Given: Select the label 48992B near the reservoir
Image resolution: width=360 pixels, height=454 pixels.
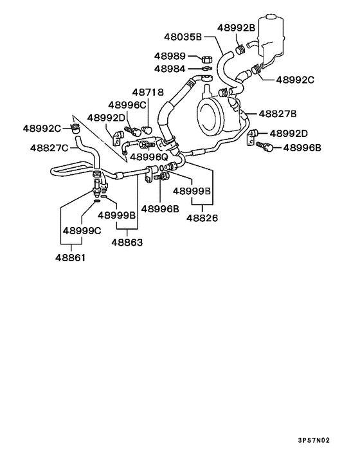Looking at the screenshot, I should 236,28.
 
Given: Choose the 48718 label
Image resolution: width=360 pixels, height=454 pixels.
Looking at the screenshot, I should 148,93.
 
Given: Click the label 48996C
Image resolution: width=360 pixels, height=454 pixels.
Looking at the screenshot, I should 127,104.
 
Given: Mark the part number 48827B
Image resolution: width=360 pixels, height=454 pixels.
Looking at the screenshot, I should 277,114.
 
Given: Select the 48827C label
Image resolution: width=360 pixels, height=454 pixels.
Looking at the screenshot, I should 49,148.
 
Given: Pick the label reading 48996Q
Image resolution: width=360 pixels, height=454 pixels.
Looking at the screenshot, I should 149,156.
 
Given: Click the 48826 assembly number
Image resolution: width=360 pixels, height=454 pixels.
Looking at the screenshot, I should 203,218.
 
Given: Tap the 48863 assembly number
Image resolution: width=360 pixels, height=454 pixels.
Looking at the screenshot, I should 127,242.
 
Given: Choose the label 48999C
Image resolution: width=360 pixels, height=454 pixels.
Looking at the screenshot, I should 82,230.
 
